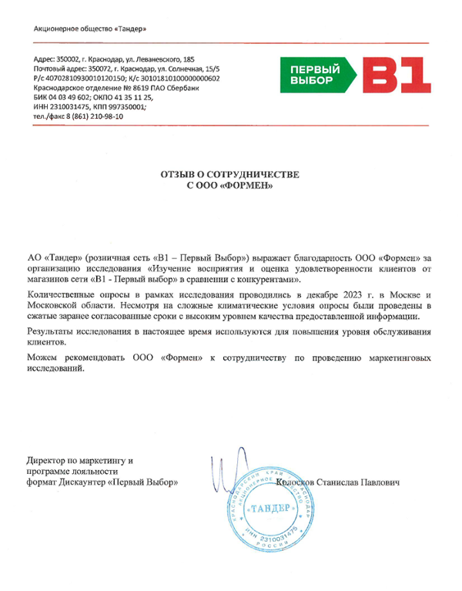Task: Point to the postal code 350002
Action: point(67,59)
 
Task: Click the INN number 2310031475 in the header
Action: point(69,106)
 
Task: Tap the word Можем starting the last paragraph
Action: point(43,358)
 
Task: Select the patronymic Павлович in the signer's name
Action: point(379,482)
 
